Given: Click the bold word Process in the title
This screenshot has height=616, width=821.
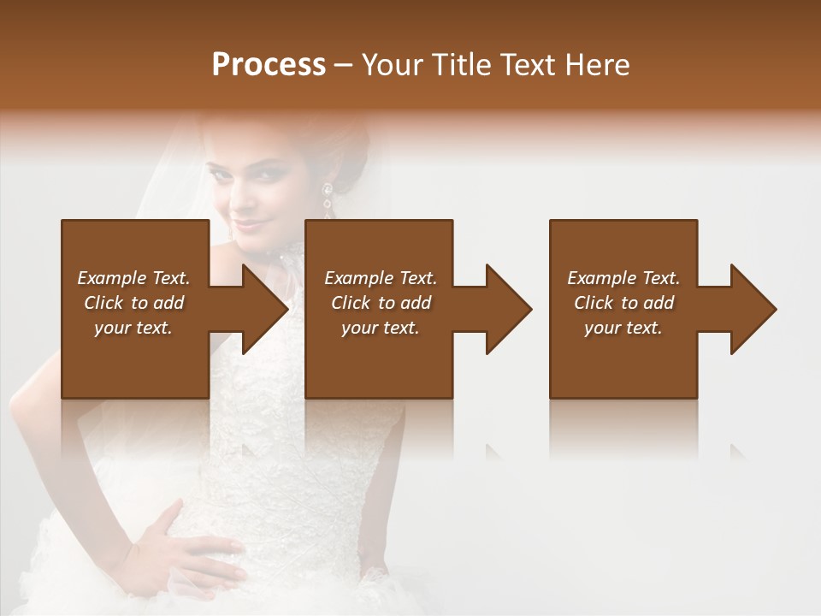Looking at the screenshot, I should click(269, 65).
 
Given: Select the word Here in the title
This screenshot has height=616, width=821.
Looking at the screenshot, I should click(601, 65).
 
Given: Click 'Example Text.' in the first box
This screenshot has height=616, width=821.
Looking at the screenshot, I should click(133, 278).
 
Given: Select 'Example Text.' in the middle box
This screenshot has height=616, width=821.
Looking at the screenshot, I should click(381, 278).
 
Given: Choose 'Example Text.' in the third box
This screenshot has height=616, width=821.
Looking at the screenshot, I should click(623, 278).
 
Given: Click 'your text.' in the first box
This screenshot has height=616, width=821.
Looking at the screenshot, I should click(133, 328).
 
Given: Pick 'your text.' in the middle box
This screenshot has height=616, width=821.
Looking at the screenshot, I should click(381, 328).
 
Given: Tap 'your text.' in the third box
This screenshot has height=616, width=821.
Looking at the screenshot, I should click(623, 328).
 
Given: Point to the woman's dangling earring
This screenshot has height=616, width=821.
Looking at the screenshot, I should click(327, 198).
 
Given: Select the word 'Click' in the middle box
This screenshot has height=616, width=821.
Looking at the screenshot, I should click(351, 303).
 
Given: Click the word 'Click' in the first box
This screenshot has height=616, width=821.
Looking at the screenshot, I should click(103, 303).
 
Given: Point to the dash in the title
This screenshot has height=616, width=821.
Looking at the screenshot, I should click(344, 65).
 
